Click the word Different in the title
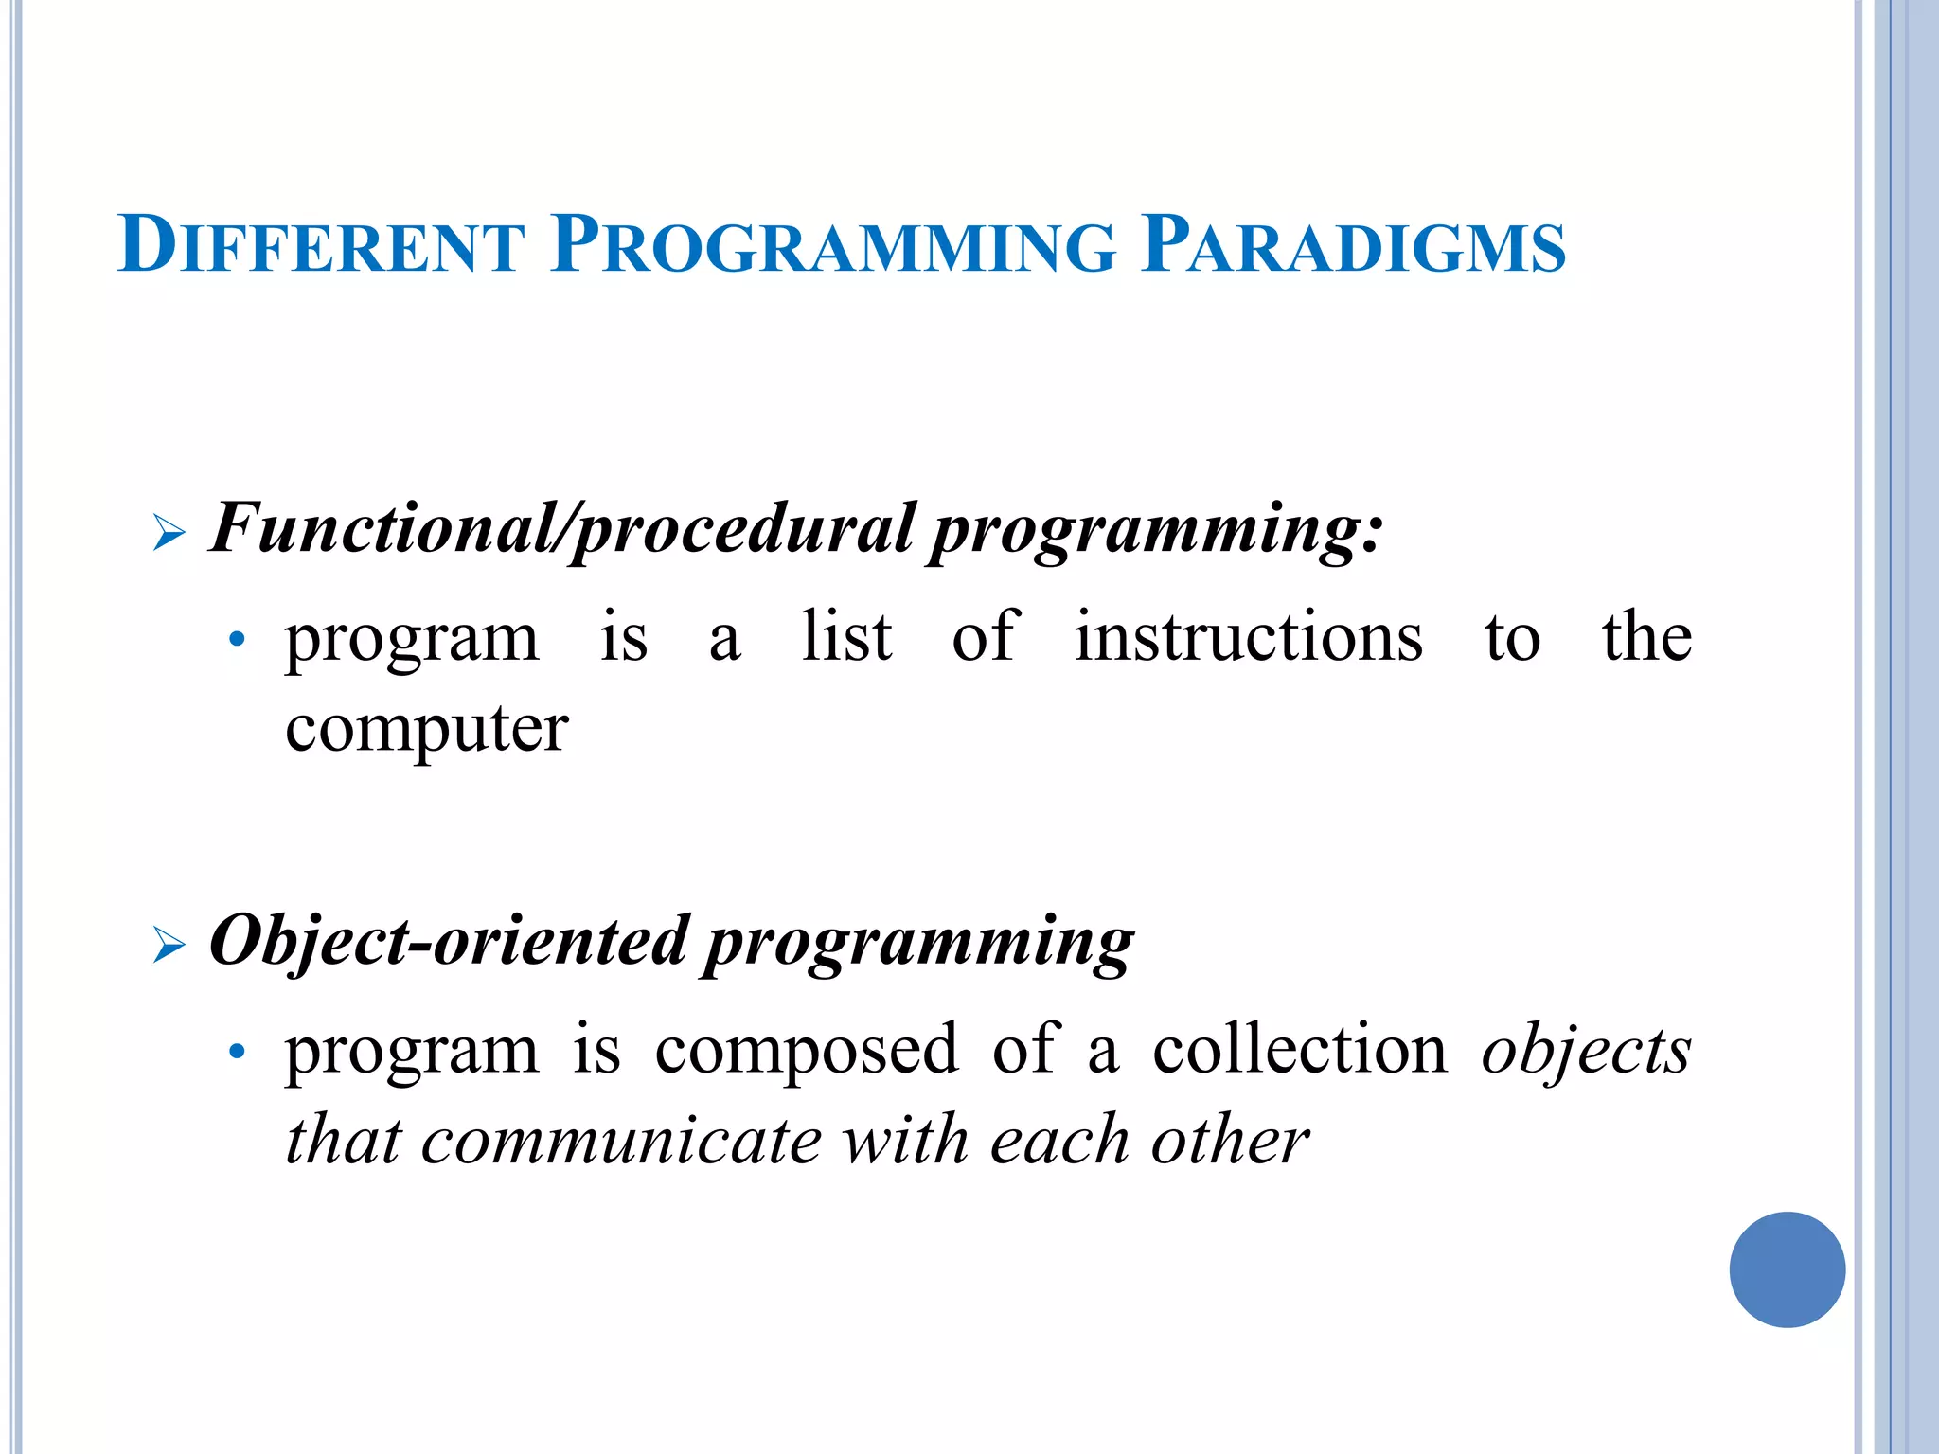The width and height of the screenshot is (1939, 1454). [x=321, y=245]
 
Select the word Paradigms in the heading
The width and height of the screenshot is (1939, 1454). [x=1353, y=245]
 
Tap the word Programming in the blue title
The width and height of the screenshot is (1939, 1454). [x=834, y=245]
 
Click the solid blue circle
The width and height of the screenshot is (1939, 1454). [x=1787, y=1269]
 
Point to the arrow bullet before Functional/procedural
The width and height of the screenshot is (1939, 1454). [x=169, y=535]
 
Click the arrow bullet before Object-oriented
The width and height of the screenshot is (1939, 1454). [x=169, y=946]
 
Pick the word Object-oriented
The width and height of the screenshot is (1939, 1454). [x=448, y=942]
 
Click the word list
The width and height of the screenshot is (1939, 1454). [x=846, y=637]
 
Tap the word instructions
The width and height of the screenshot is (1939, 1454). [x=1248, y=637]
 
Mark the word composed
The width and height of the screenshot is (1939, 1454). [x=807, y=1051]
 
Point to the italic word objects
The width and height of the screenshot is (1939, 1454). [x=1586, y=1051]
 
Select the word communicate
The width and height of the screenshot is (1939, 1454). [x=621, y=1141]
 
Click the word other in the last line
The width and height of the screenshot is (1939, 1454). [x=1230, y=1140]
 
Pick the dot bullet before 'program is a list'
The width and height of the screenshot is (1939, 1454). [x=238, y=643]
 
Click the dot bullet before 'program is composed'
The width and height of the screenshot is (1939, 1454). [x=238, y=1053]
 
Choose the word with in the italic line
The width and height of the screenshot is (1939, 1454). [x=906, y=1140]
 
